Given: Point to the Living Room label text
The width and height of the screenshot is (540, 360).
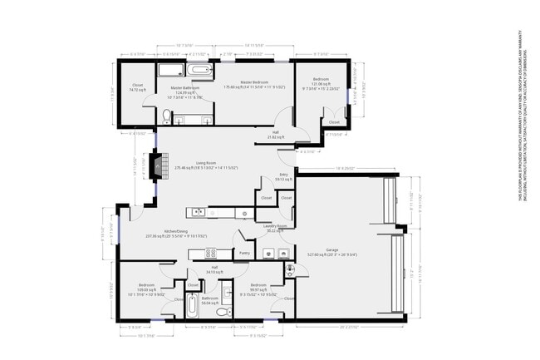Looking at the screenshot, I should (x=208, y=162).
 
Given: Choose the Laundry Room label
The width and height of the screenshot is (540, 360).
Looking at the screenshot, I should (x=275, y=225).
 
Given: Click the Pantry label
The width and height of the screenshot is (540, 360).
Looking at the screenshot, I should (x=245, y=253).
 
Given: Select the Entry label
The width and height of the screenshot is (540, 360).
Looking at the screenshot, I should (x=283, y=175).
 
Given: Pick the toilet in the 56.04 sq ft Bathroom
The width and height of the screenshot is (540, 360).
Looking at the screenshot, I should (x=222, y=313).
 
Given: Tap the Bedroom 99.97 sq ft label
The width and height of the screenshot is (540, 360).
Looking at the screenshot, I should (x=253, y=287).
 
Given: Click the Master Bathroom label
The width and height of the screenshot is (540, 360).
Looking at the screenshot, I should (x=187, y=87).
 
